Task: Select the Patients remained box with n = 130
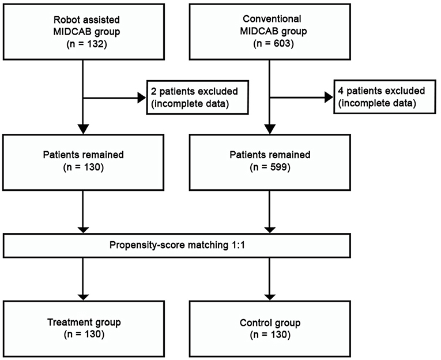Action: pyautogui.click(x=84, y=162)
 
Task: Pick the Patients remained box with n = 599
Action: pyautogui.click(x=270, y=162)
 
